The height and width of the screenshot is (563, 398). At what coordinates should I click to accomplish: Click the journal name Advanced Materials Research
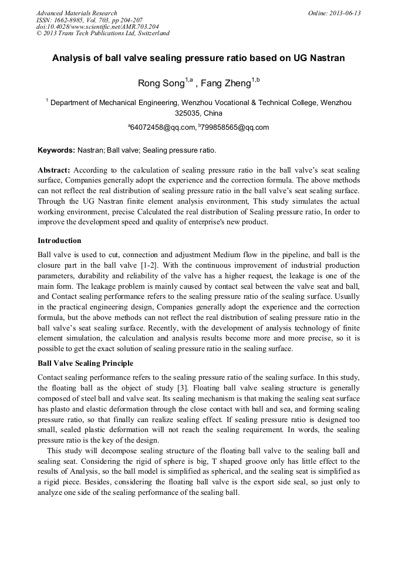77,13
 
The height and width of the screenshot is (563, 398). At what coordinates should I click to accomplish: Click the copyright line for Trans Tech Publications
103,33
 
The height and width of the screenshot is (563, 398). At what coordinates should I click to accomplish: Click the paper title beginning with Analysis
198,58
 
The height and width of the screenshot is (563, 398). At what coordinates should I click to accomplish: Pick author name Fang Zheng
225,83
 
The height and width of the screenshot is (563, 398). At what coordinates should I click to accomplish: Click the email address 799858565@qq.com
235,127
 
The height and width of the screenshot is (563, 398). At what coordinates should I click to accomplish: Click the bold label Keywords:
56,150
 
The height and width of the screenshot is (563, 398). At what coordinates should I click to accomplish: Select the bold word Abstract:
54,170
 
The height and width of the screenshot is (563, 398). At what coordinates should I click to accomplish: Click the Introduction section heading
59,241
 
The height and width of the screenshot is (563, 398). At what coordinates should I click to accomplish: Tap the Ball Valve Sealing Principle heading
85,363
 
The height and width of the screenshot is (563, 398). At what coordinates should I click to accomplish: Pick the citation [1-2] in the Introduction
140,265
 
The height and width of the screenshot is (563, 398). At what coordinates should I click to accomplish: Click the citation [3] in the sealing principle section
183,388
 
